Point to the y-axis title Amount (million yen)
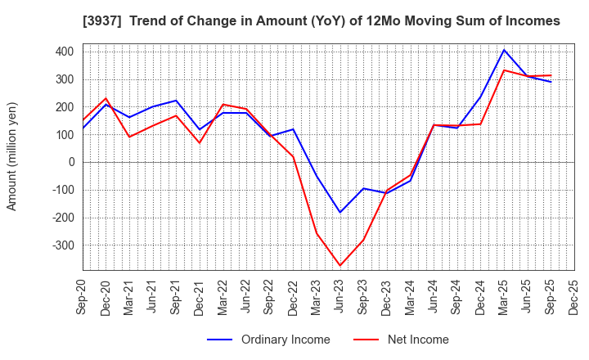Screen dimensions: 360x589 (11, 156)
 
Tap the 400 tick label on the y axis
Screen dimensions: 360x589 (65, 52)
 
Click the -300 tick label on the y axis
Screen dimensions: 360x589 (62, 245)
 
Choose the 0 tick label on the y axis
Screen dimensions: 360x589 (71, 162)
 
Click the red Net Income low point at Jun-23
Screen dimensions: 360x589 (340, 265)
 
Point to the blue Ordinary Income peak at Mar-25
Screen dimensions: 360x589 (504, 50)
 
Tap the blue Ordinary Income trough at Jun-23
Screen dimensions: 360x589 (340, 213)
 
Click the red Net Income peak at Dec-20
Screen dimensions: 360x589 (106, 98)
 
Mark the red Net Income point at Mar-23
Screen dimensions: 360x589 (317, 234)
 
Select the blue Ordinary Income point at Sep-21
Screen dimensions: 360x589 (176, 101)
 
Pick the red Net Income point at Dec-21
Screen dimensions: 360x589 (200, 143)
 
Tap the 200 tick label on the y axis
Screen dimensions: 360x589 (65, 107)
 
